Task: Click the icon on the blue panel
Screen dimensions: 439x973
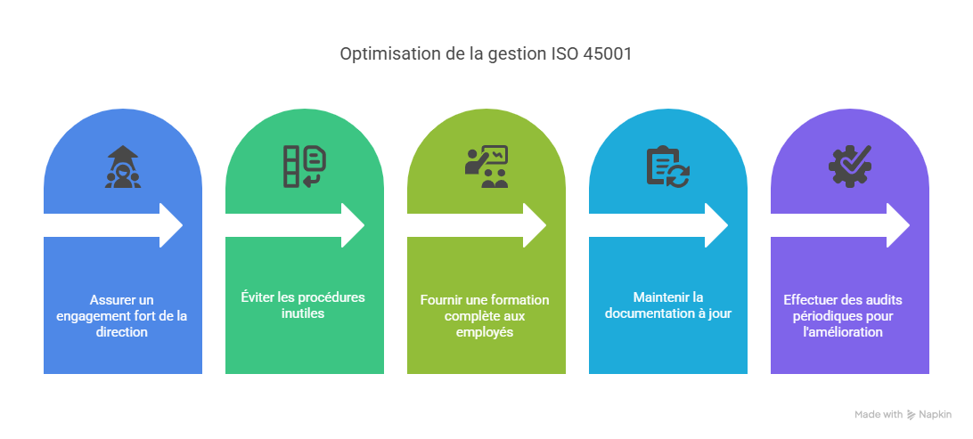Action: [x=123, y=167]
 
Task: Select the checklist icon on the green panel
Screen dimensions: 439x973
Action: [x=304, y=167]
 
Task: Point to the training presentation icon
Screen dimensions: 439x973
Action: [x=487, y=167]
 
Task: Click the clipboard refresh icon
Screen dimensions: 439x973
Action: [x=667, y=167]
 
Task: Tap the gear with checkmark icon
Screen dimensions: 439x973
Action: [x=849, y=166]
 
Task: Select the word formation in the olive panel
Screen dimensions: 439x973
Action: [x=521, y=299]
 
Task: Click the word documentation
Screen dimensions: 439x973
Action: [x=642, y=313]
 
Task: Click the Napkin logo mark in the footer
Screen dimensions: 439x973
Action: [x=911, y=414]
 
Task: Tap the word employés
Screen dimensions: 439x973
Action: [x=487, y=331]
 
